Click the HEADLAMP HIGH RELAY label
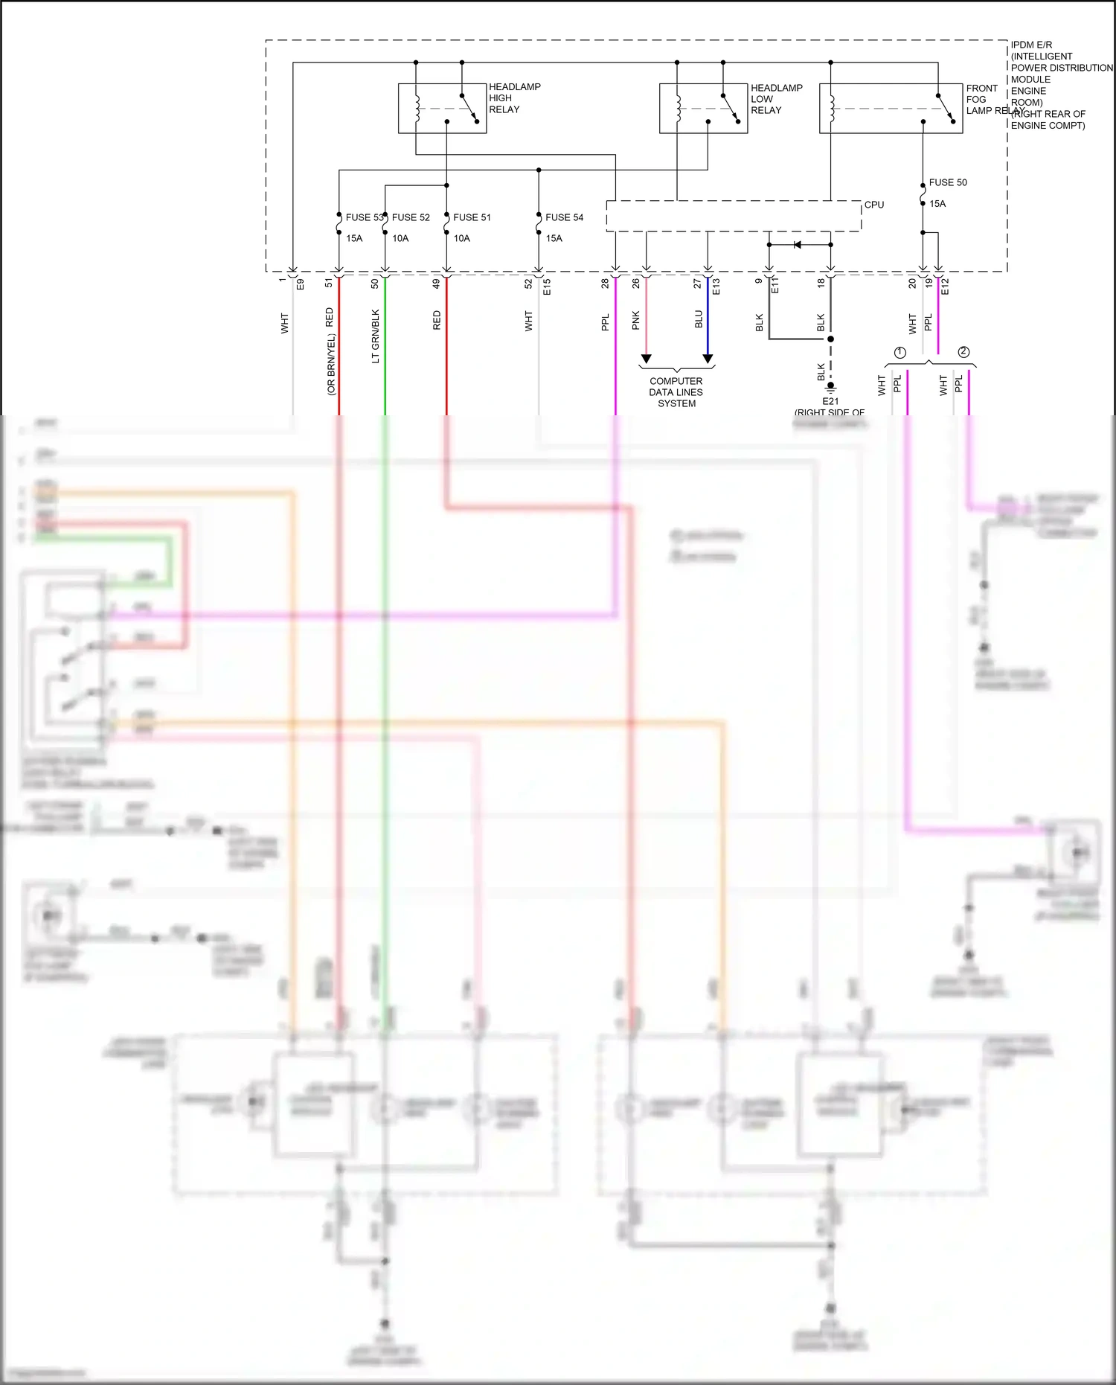pyautogui.click(x=514, y=98)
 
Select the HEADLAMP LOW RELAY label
pyautogui.click(x=776, y=99)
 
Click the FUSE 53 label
pyautogui.click(x=364, y=217)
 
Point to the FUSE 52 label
pyautogui.click(x=411, y=217)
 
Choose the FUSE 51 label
pyautogui.click(x=472, y=217)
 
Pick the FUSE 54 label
pyautogui.click(x=564, y=217)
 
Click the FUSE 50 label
pyautogui.click(x=947, y=182)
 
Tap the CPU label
pyautogui.click(x=873, y=205)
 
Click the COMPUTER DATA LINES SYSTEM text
pyautogui.click(x=676, y=392)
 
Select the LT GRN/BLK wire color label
pyautogui.click(x=376, y=336)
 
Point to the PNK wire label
pyautogui.click(x=636, y=321)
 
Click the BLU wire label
pyautogui.click(x=699, y=319)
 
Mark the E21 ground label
pyautogui.click(x=830, y=401)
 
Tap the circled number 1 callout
pyautogui.click(x=899, y=353)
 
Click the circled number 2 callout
pyautogui.click(x=963, y=352)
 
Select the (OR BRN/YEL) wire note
pyautogui.click(x=331, y=364)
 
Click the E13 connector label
pyautogui.click(x=716, y=287)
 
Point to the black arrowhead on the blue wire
pyautogui.click(x=708, y=359)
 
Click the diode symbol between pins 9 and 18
pyautogui.click(x=798, y=244)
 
